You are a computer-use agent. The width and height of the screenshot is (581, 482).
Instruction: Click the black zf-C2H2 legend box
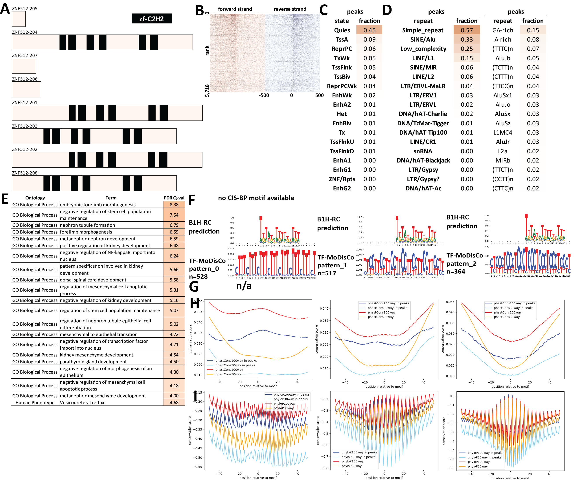[x=151, y=18]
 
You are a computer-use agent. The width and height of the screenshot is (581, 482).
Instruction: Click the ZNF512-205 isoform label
[x=24, y=9]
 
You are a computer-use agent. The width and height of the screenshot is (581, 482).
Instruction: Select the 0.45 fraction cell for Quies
[x=369, y=30]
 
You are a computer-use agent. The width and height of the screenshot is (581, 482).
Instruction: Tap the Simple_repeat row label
[x=423, y=30]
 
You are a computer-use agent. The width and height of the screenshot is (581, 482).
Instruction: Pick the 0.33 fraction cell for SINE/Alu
[x=467, y=40]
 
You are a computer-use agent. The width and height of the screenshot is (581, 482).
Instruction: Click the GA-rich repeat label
[x=502, y=30]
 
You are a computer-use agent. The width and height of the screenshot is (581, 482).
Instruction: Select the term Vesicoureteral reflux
[x=82, y=402]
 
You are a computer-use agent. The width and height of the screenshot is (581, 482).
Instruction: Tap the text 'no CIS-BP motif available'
[x=256, y=198]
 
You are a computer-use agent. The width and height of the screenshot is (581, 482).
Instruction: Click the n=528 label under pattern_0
[x=198, y=276]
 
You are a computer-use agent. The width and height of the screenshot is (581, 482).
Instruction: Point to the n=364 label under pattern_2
[x=456, y=271]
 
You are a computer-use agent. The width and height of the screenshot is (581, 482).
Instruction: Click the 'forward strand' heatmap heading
[x=235, y=9]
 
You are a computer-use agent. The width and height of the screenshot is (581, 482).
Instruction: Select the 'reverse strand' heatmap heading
[x=290, y=9]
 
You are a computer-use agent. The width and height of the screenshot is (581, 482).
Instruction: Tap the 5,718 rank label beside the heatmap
[x=207, y=90]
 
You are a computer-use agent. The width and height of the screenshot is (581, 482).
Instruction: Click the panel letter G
[x=194, y=286]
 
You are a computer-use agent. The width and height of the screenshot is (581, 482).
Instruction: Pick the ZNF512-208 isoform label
[x=24, y=173]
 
